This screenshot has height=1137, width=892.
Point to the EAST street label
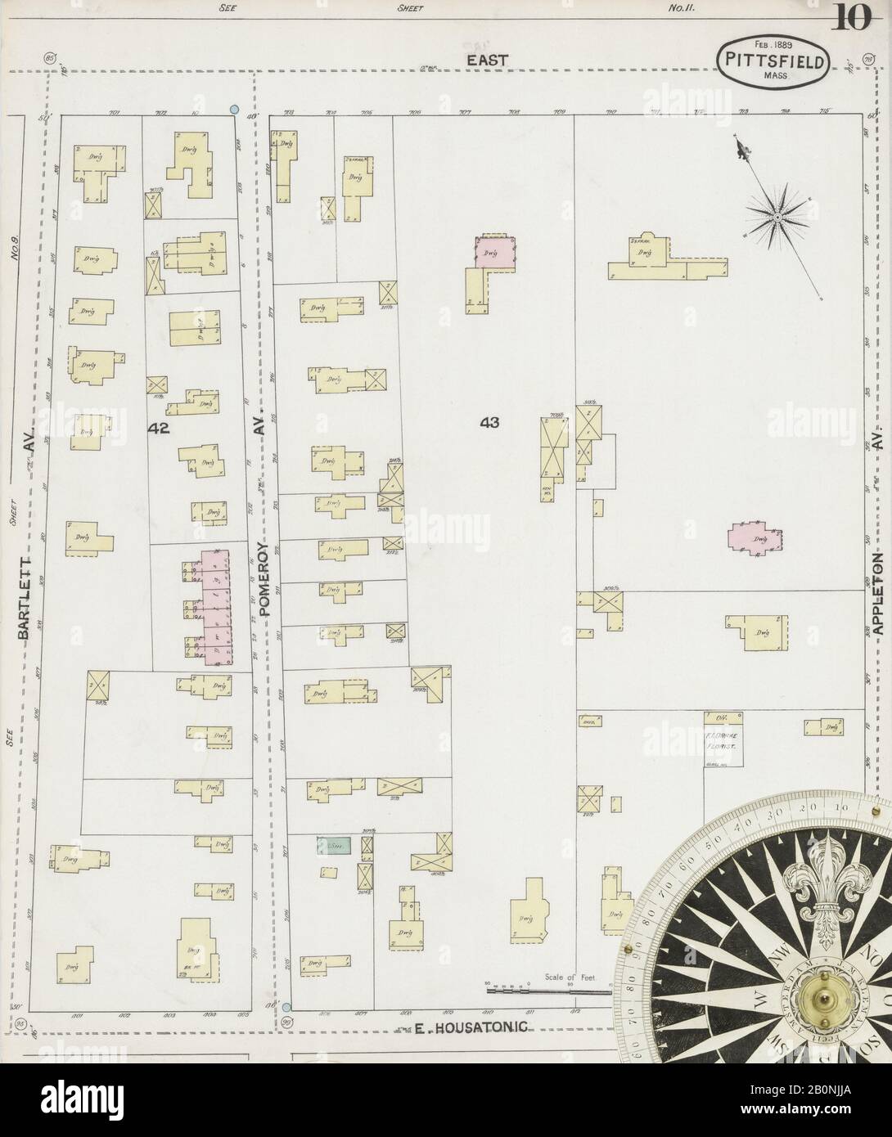click(x=488, y=60)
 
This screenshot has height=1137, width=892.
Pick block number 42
click(x=159, y=429)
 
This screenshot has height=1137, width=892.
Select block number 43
click(x=489, y=422)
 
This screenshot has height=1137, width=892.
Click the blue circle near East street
click(x=235, y=109)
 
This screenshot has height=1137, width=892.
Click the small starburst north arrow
click(x=775, y=216)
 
